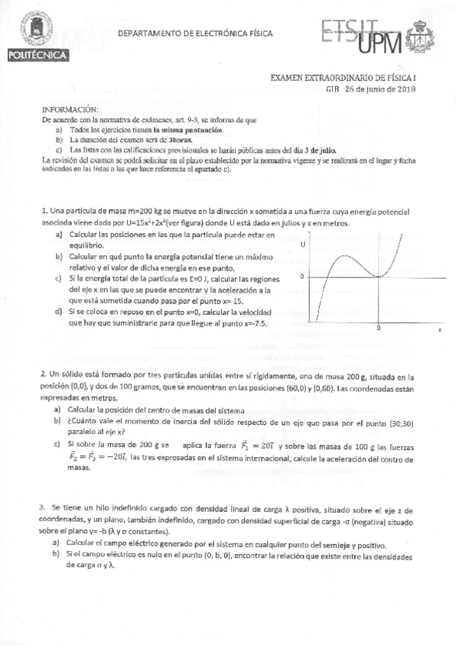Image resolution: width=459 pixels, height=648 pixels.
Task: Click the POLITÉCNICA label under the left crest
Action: coord(37,55)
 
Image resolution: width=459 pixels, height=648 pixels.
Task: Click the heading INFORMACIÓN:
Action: coord(70,110)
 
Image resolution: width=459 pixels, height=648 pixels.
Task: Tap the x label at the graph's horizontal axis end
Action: coord(418,329)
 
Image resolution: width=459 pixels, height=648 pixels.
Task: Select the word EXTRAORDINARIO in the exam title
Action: coord(337,78)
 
